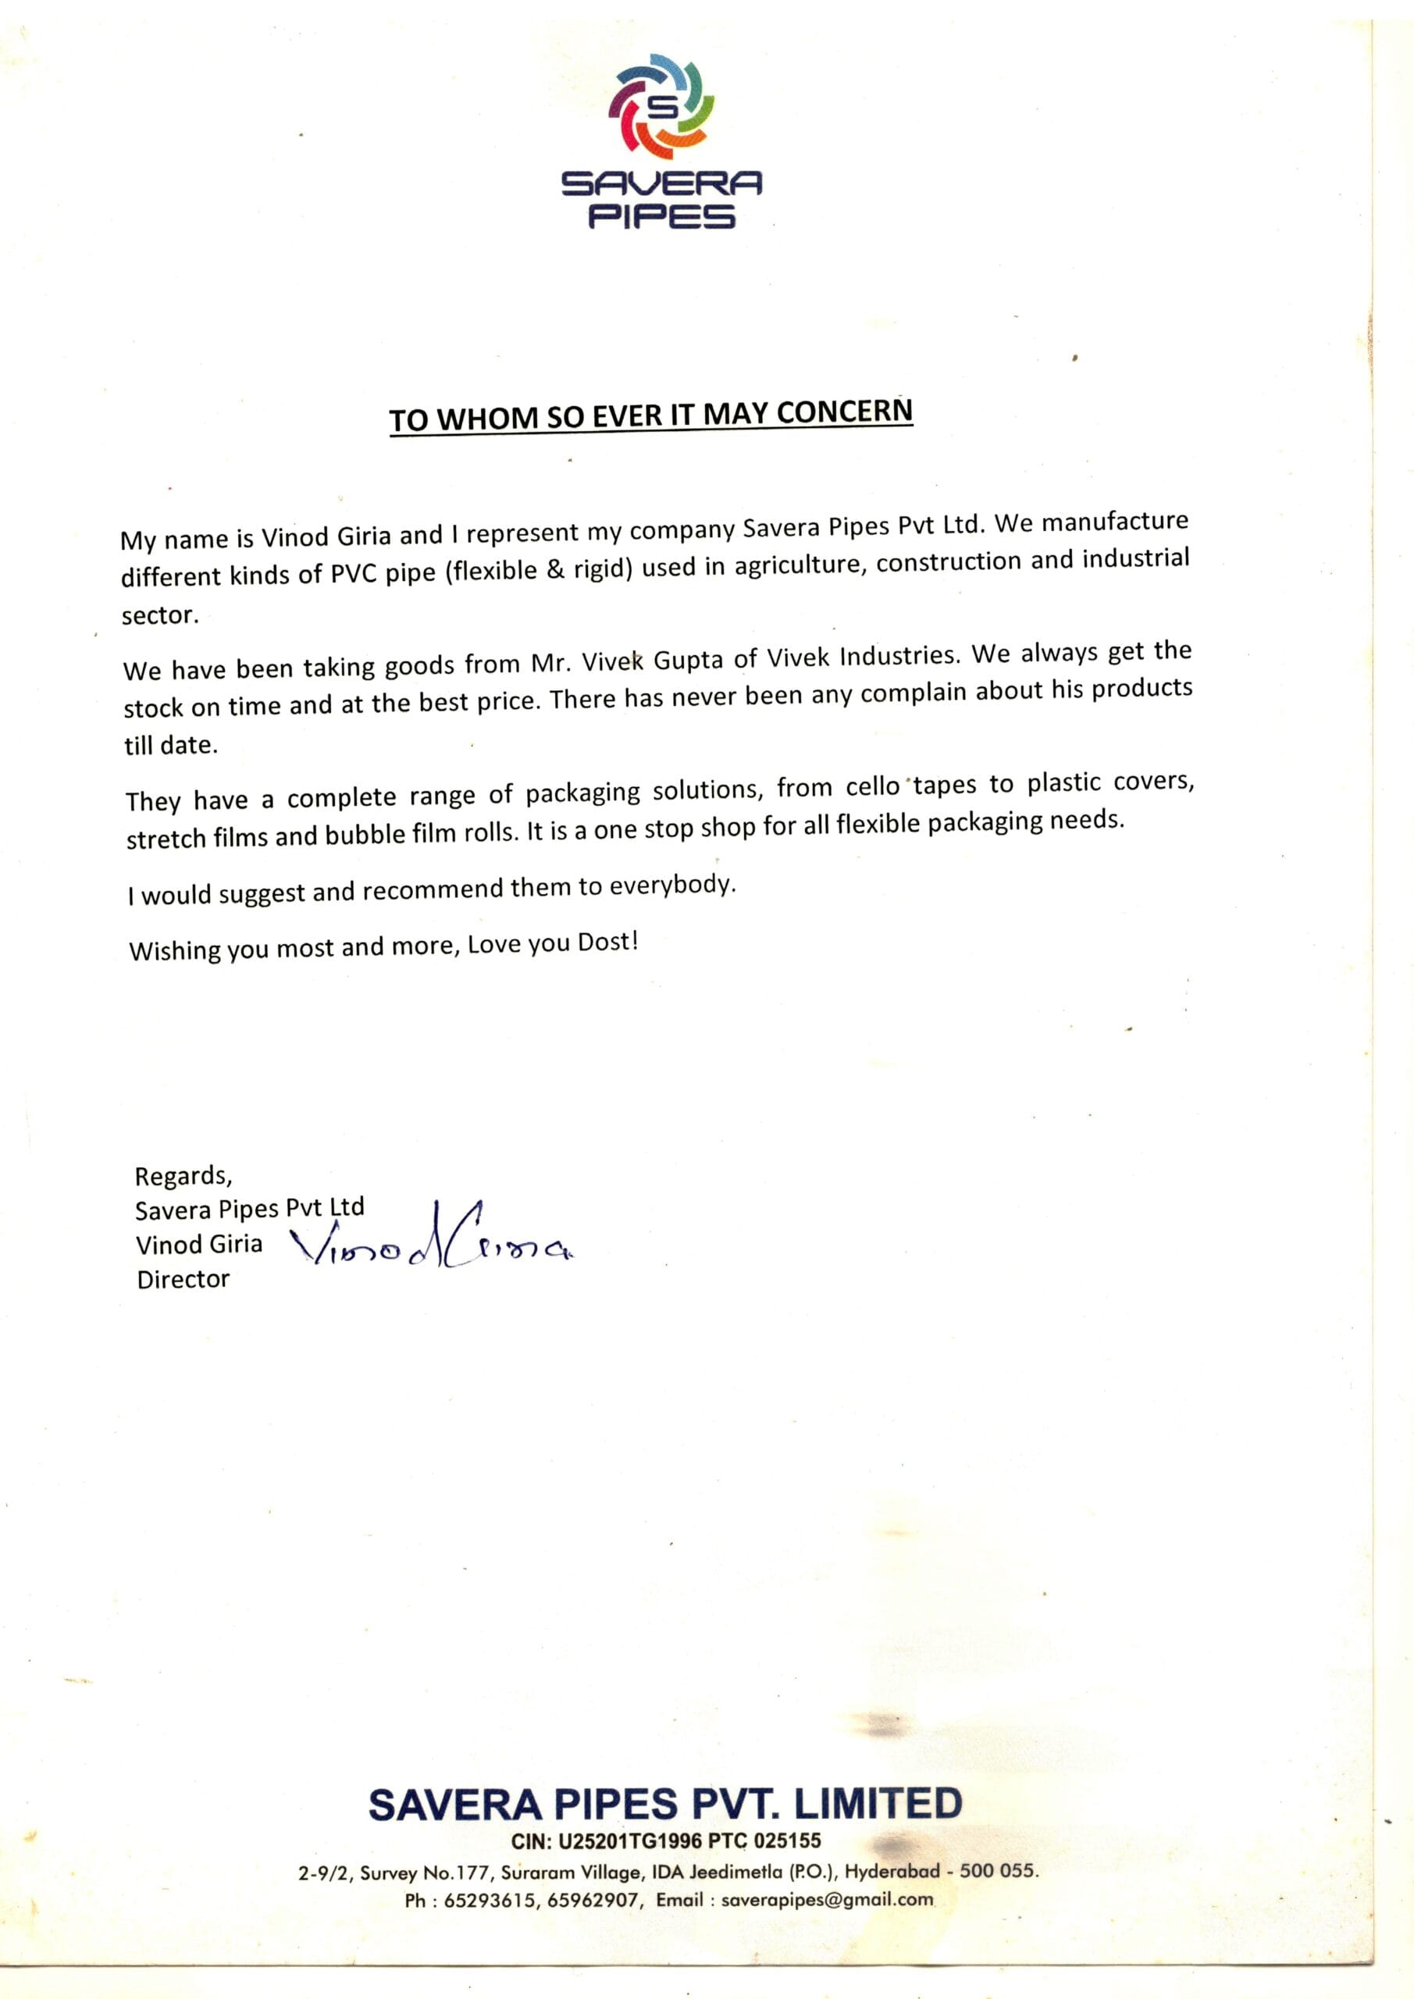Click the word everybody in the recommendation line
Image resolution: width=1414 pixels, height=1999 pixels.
tap(672, 885)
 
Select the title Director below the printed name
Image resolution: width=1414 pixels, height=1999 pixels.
tap(183, 1279)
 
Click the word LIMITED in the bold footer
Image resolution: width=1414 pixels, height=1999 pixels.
tap(878, 1803)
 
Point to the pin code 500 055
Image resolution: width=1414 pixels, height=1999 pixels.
tap(999, 1870)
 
